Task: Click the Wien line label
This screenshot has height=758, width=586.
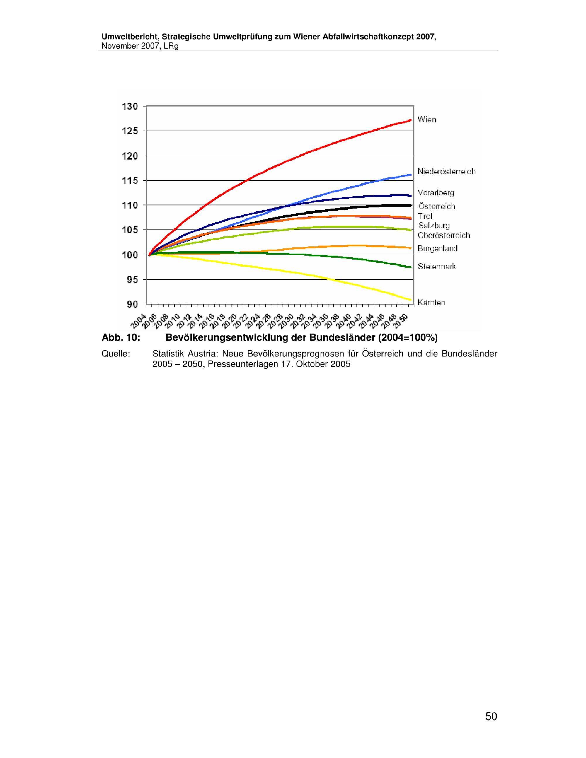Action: pos(427,119)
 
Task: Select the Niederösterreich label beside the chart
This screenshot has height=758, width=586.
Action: pos(447,171)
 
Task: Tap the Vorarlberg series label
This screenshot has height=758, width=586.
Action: pos(436,193)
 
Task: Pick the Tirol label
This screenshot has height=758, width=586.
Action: pos(425,216)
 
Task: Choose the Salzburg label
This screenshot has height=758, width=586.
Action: pos(434,226)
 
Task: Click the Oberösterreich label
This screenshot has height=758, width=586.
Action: pos(444,235)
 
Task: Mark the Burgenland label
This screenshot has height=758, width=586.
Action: pos(437,248)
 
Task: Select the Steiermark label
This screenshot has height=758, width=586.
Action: pos(437,267)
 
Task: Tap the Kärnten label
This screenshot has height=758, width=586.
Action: pos(432,303)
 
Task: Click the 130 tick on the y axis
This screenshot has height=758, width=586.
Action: pos(130,106)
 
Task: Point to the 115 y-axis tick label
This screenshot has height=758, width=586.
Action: pos(130,180)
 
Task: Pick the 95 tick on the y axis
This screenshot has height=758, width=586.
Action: pos(132,279)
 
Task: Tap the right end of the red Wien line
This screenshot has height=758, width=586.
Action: pos(411,120)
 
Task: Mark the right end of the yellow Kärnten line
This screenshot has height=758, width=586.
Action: pos(411,300)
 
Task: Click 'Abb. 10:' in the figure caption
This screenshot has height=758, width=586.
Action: pos(121,338)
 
